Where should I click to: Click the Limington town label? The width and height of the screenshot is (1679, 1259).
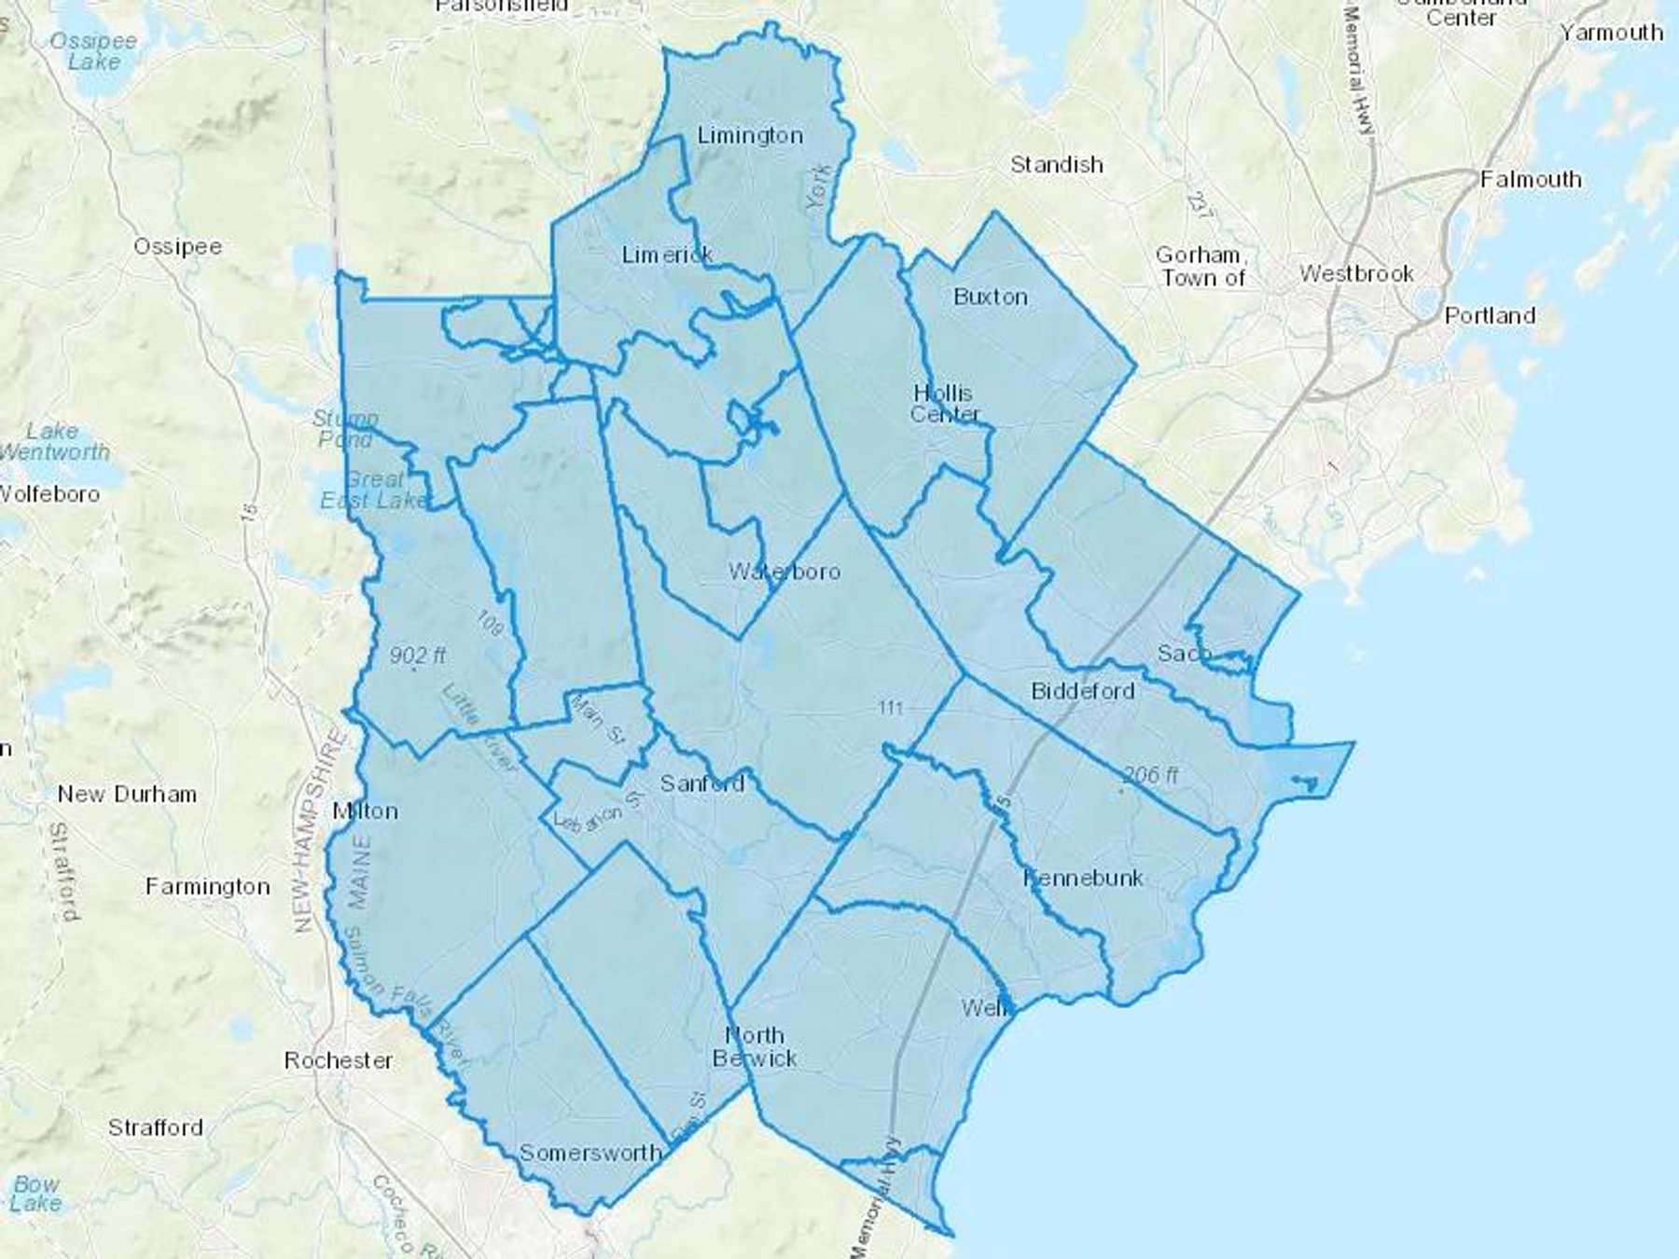click(750, 136)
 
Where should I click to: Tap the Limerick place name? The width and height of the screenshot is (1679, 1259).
click(667, 254)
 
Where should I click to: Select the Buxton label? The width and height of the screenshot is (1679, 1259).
click(991, 297)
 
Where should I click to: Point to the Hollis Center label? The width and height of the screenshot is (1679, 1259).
click(944, 404)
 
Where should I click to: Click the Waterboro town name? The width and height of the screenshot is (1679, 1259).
click(784, 572)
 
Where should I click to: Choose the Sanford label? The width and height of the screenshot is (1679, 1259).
click(702, 783)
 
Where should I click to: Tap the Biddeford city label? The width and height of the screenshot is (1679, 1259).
click(1082, 691)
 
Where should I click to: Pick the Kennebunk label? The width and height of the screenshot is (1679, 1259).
click(1083, 878)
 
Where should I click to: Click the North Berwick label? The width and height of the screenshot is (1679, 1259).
click(755, 1046)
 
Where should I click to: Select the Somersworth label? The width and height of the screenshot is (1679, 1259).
click(590, 1153)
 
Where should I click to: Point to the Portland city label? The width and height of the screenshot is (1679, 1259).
click(1490, 315)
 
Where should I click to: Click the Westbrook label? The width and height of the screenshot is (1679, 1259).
click(1356, 274)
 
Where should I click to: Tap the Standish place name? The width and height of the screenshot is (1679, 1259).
click(1057, 165)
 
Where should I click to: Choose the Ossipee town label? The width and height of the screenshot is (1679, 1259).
click(177, 247)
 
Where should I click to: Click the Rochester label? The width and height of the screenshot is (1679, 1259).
click(339, 1060)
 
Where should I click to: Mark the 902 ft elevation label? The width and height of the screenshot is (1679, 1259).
click(417, 656)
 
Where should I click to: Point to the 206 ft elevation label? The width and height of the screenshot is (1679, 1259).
click(1150, 774)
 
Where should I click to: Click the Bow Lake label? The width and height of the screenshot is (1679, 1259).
click(36, 1194)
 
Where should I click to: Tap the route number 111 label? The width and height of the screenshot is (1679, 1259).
click(891, 708)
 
